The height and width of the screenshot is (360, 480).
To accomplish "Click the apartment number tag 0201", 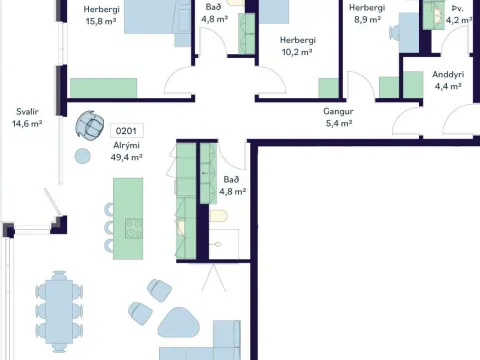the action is coord(127,131).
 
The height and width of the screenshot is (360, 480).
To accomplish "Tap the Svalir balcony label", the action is coord(27,118).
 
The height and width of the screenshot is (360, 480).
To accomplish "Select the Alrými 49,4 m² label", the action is coord(127,151).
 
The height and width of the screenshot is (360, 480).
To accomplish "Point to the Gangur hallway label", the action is coord(338,117).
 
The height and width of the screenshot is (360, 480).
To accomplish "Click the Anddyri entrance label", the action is coord(448,80).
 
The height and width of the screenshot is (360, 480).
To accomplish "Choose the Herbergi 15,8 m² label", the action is coord(101,15).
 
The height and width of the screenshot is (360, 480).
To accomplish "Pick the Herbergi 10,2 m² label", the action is coord(297,46).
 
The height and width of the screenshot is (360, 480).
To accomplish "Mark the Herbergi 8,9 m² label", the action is coord(367,14).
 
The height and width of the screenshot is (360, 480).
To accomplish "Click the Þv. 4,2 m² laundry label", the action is coord(459,14).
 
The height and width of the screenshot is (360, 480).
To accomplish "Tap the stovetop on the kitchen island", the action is coord(134,228).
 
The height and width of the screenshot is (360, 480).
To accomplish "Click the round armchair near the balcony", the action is coord(89,124).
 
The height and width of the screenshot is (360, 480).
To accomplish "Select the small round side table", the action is coord(83,156).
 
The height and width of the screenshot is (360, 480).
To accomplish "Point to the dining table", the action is coord(59,311).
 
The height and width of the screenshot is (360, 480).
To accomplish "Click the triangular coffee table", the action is coord(179,323).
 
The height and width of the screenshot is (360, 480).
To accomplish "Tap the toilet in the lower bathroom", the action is coord(219,216).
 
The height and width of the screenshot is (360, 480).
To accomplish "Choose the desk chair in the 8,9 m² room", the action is coord(394,33).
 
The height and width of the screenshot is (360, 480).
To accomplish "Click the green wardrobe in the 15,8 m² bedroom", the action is coord(103,88).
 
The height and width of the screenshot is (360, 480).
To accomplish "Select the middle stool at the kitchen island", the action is coord(109,228).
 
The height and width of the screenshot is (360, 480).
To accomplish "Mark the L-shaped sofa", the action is coord(200,342).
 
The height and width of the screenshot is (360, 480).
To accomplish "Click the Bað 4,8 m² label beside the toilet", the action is coord(232,185).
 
